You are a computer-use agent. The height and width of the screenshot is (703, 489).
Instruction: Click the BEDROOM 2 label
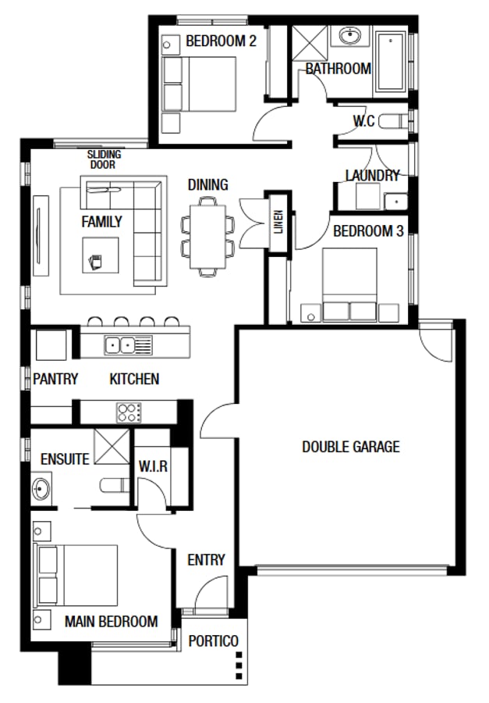pos(221,41)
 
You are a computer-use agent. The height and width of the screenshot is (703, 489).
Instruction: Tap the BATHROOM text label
pos(338,69)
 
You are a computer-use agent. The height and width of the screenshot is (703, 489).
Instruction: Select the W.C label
pos(364,122)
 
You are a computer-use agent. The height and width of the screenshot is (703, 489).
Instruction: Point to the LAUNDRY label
pos(372,176)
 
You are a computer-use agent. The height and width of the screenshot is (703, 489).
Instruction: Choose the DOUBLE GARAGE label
pos(350,447)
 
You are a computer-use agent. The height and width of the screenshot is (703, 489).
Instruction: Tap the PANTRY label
pos(55,379)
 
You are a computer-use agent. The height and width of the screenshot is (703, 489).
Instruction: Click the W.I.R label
pos(154,466)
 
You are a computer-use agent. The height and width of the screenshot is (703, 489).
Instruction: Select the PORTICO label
pos(214,641)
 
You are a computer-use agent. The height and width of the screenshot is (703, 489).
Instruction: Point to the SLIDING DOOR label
pos(105,159)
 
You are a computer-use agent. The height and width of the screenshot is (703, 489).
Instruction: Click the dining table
pos(208,235)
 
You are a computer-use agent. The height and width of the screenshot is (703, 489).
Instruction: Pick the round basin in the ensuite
pos(41,490)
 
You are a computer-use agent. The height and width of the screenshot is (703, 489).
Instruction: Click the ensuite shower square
pos(111,447)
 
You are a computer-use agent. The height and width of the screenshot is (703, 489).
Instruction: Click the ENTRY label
pos(206,559)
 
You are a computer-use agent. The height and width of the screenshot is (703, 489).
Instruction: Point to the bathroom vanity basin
pos(348,37)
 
